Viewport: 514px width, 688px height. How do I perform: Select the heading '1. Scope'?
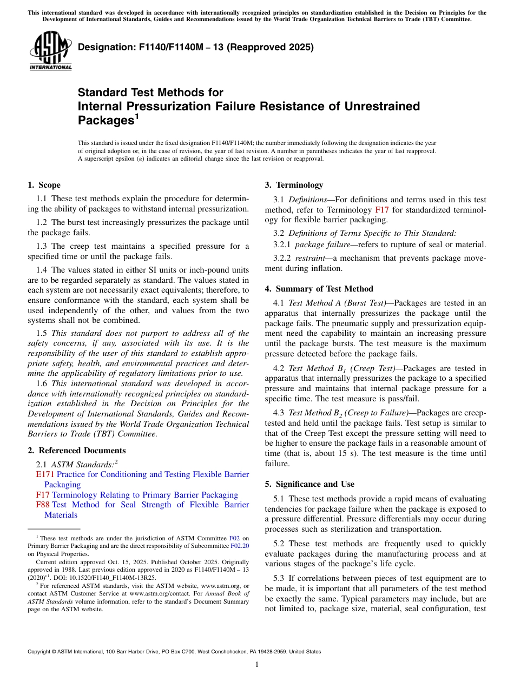click(x=44, y=185)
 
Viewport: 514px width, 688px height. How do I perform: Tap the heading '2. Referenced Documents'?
click(x=77, y=451)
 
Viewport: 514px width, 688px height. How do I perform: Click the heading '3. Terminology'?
click(x=294, y=185)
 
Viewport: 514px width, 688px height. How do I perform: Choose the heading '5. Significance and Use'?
click(x=310, y=484)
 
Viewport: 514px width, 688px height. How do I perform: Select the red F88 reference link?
click(x=43, y=505)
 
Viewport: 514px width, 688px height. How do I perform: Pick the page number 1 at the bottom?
click(x=257, y=665)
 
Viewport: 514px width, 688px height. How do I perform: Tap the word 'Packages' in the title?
click(x=105, y=120)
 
